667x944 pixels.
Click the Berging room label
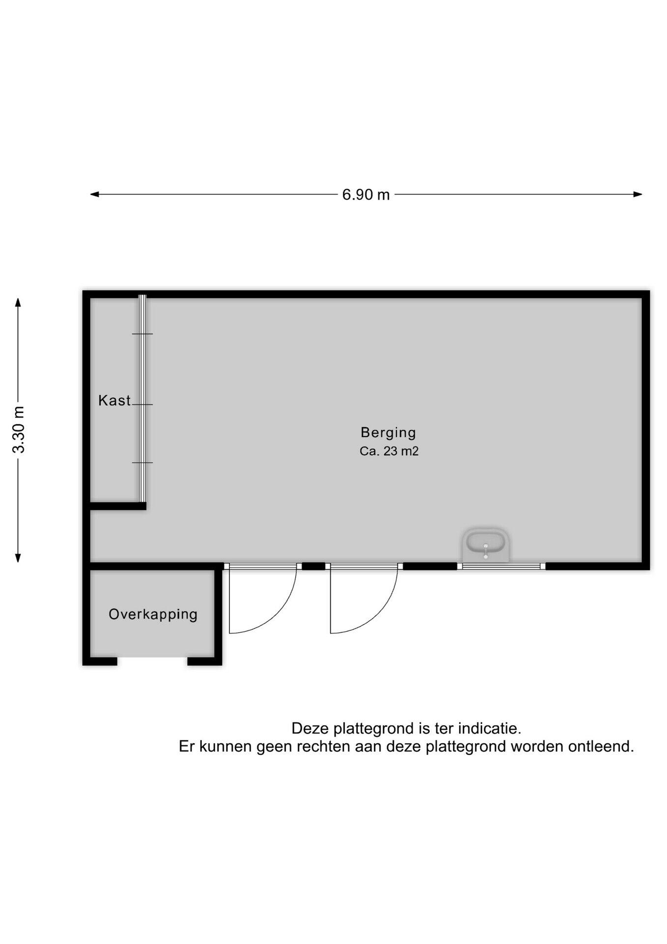[388, 433]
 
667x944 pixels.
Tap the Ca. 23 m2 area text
[389, 451]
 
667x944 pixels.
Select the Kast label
[114, 401]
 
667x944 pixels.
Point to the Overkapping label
[153, 615]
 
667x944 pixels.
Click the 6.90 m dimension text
[366, 195]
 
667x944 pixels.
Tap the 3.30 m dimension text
[19, 430]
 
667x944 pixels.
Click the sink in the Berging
[485, 545]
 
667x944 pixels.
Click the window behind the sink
[501, 566]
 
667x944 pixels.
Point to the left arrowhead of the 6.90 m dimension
[94, 194]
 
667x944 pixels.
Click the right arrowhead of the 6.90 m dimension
[638, 194]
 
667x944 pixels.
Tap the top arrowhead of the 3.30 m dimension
[18, 302]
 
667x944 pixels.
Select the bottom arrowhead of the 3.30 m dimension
[18, 557]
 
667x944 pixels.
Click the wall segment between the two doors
[313, 566]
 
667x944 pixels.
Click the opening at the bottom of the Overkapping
[152, 661]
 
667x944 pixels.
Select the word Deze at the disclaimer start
[310, 728]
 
